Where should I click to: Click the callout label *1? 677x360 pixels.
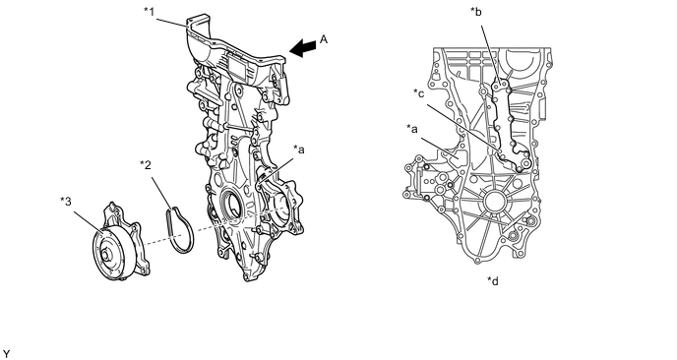coord(149,11)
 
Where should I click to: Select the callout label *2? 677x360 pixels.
coord(146,165)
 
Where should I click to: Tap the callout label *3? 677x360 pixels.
coord(66,202)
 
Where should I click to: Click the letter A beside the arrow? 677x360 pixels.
coord(324,39)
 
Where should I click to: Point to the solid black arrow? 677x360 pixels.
coord(302,48)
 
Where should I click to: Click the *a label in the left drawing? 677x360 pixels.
coord(299,150)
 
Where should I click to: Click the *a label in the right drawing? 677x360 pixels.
coord(412,129)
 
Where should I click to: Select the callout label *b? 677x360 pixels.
coord(476,12)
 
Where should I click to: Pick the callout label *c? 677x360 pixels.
coord(419,92)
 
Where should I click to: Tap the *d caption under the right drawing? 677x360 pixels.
coord(493,281)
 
